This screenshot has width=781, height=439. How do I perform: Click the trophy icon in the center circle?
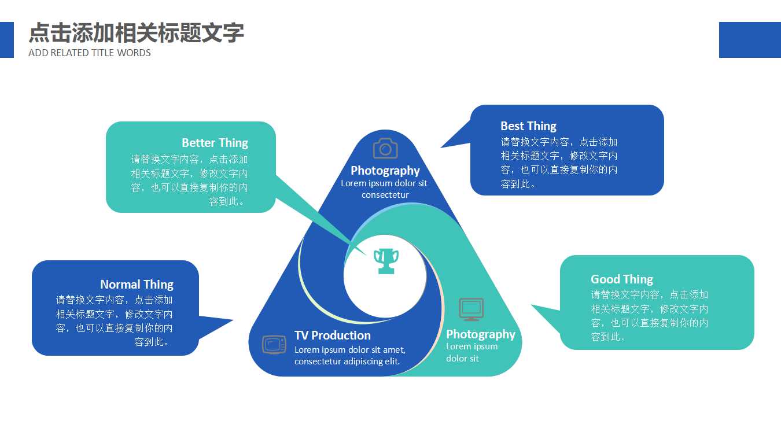[x=386, y=261]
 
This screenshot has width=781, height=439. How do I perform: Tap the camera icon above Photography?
[x=385, y=148]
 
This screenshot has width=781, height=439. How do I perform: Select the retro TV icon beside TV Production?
[x=274, y=345]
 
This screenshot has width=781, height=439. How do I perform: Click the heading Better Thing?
[x=215, y=143]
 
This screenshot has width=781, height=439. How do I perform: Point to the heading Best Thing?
[x=528, y=126]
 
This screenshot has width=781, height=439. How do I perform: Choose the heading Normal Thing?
[x=137, y=285]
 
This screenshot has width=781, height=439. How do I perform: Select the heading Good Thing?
[x=621, y=279]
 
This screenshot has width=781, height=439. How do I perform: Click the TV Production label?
[x=333, y=335]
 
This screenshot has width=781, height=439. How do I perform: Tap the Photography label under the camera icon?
[x=385, y=171]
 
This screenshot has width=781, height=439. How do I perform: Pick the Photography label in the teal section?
[x=480, y=334]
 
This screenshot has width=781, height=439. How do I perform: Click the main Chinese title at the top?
[x=136, y=33]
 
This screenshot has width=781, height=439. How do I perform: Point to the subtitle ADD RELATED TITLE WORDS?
[x=90, y=53]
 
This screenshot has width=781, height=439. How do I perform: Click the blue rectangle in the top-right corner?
[x=750, y=40]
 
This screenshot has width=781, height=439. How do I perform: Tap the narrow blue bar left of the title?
[x=6, y=40]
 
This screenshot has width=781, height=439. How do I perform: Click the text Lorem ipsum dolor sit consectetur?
[x=384, y=189]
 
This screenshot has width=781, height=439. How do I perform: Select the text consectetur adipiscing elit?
[x=347, y=361]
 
